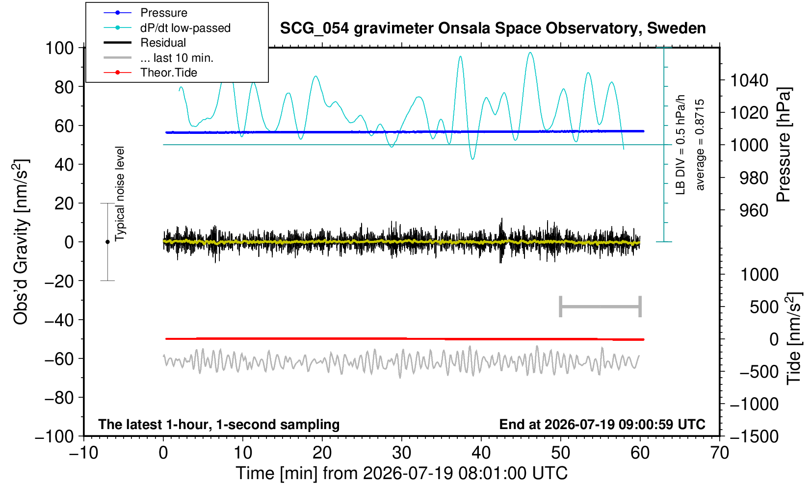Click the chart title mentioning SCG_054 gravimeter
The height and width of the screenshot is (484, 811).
tap(493, 28)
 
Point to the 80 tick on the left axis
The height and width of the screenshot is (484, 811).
tap(64, 87)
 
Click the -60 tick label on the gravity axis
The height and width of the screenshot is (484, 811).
tap(59, 359)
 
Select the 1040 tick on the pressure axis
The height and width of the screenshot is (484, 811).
tap(749, 80)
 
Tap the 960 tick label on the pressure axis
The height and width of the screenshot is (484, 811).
tap(754, 210)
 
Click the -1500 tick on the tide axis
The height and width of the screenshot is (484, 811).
tap(754, 436)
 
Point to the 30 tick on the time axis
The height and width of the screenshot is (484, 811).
tap(401, 453)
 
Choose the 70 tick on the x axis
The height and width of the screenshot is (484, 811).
tap(719, 453)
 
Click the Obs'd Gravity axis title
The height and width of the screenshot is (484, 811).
tap(21, 242)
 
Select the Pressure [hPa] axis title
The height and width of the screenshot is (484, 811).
tap(784, 145)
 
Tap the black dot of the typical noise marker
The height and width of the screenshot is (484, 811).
tap(107, 242)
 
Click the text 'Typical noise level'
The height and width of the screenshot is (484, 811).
tap(120, 194)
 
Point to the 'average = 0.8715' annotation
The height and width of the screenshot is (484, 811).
tap(700, 145)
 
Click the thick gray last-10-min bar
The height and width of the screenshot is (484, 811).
tap(601, 306)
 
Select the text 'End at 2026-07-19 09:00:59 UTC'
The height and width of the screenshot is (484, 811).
tap(602, 424)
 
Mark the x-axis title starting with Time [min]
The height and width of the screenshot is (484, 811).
tap(401, 473)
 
